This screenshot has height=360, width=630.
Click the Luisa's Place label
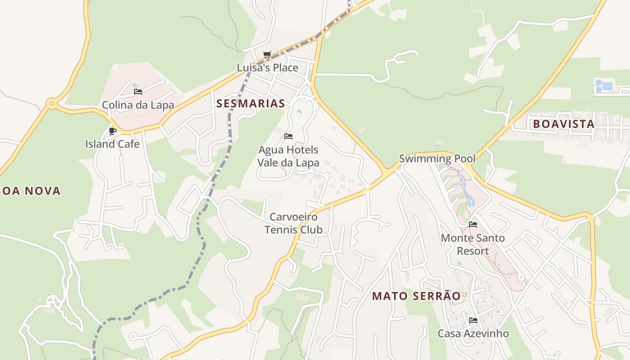click(x=267, y=68)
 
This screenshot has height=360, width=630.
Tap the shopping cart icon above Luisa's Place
click(x=267, y=55)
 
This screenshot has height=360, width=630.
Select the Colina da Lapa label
click(x=138, y=105)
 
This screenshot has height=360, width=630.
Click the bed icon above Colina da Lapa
click(x=138, y=92)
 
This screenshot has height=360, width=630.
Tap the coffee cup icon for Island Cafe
click(x=112, y=131)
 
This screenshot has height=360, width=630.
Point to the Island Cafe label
click(x=112, y=144)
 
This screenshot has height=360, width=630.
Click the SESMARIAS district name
click(x=251, y=103)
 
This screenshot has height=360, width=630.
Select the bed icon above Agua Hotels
click(x=288, y=136)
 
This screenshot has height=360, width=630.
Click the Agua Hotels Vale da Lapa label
click(x=288, y=156)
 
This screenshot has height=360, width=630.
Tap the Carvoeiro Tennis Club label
click(x=293, y=224)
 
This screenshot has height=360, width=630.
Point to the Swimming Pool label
click(x=437, y=158)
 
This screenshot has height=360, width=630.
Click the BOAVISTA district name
click(x=563, y=124)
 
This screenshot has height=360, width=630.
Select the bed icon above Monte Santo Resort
click(x=473, y=224)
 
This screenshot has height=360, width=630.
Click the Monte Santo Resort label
click(x=473, y=244)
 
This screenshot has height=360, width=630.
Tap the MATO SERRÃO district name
click(x=417, y=296)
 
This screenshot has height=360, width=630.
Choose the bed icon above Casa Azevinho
click(x=473, y=320)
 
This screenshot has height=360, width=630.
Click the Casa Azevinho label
click(x=473, y=333)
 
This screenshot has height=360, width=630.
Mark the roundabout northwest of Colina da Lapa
click(x=52, y=104)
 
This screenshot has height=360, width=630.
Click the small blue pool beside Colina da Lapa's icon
click(x=135, y=85)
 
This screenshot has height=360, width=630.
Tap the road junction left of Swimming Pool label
click(x=386, y=172)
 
